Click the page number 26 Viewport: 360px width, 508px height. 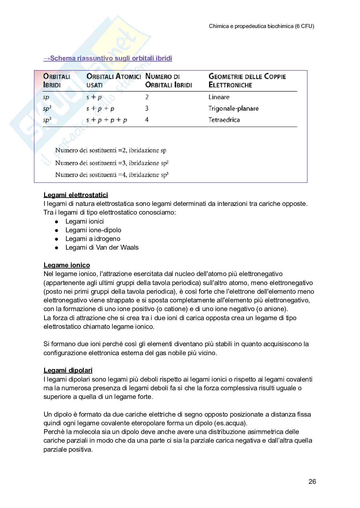pos(312,482)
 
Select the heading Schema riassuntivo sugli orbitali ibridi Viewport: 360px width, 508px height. pos(108,58)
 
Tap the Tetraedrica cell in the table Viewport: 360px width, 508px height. pos(224,120)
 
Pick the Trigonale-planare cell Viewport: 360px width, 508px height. pos(233,108)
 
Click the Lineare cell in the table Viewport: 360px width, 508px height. pos(219,97)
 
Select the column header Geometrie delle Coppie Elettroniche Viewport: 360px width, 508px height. pos(247,81)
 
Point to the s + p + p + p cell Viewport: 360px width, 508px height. pos(107,120)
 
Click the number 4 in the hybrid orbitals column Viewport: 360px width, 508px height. pos(147,120)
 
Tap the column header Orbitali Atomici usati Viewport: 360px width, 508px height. pos(113,81)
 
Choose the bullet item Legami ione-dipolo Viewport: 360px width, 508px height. pos(93,230)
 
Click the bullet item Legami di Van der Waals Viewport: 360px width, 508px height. pos(102,247)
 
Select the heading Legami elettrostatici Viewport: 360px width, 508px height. pos(76,195)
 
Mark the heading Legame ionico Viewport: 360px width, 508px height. pos(67,265)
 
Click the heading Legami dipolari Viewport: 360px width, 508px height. pos(68,370)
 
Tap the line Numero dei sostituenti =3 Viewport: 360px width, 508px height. pos(112,163)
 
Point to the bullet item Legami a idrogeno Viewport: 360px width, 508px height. pos(93,239)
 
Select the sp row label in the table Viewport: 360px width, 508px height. pos(46,97)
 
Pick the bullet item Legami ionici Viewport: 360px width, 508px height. pos(84,221)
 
